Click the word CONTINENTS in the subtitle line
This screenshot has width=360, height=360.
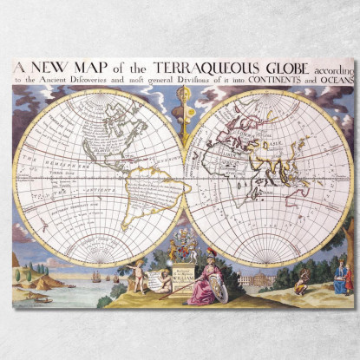coord(267,80)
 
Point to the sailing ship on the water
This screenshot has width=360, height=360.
coord(95,276)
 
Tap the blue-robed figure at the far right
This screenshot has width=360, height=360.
coord(341,279)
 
